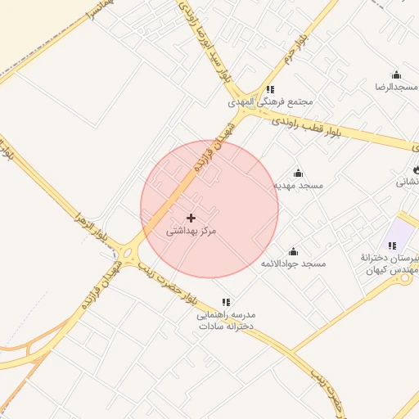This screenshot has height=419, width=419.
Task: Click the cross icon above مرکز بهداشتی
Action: coord(191,218)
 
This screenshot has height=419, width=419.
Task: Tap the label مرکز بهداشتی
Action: coord(191,232)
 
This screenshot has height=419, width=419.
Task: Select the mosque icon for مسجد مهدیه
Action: coord(298,173)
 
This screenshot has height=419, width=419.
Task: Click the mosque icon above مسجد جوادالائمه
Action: coord(293,251)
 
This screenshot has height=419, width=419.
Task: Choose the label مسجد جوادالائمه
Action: coord(293,264)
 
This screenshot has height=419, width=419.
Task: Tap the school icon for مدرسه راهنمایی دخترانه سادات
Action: coord(226,302)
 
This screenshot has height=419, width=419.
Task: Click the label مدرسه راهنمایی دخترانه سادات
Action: coord(226,320)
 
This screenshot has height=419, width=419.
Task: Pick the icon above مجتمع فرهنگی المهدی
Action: coord(271,89)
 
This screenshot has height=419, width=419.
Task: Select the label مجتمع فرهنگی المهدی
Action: coord(271,103)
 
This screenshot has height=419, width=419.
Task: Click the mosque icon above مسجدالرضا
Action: coord(396,74)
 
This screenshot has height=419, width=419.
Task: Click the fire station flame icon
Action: coord(416,169)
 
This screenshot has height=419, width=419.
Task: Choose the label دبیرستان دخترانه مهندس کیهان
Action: coord(390,264)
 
